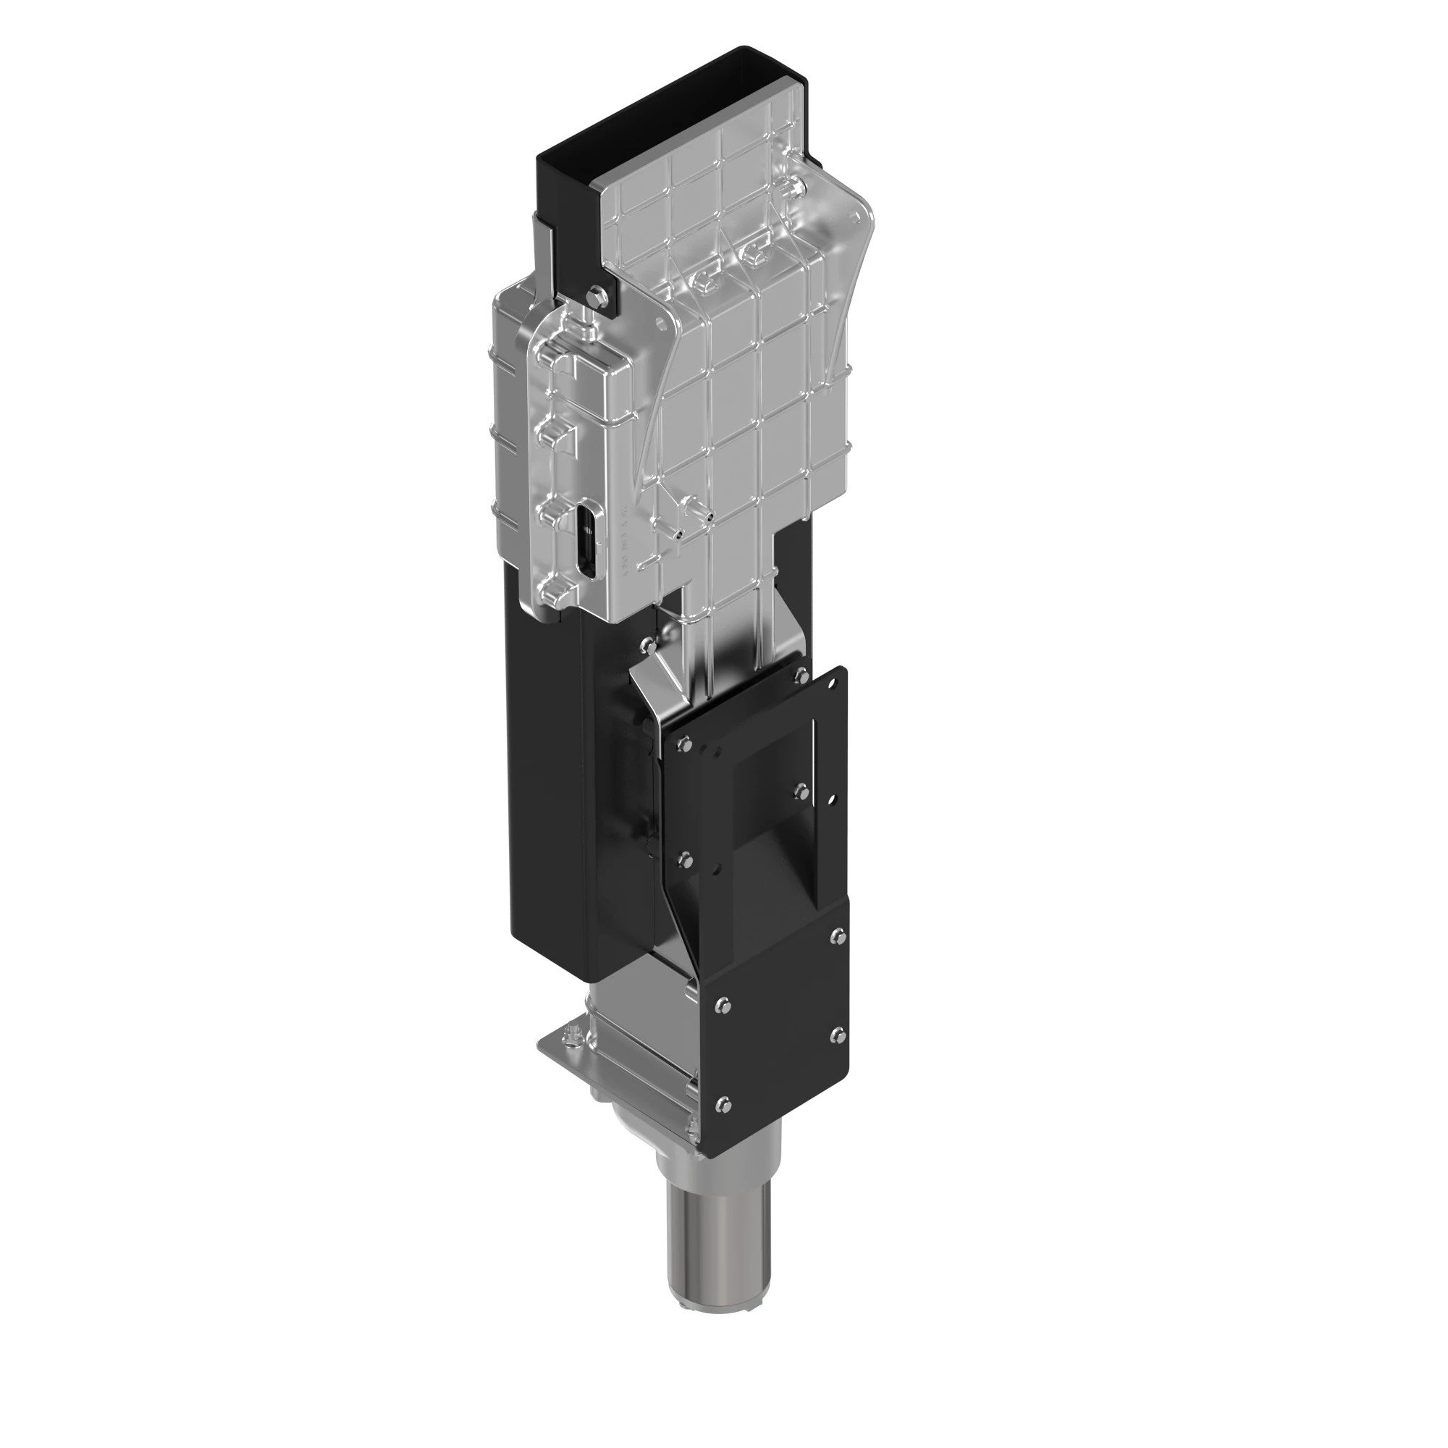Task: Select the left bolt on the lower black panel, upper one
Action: coord(723,1004)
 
